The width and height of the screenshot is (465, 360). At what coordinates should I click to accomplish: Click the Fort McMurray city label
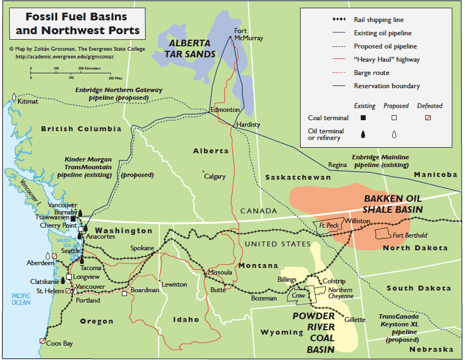coord(248,34)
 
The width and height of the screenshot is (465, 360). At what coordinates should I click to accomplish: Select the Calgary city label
coord(215,176)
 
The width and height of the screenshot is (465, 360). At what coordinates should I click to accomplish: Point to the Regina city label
coord(337,165)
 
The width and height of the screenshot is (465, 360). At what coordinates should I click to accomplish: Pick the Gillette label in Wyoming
coord(355,319)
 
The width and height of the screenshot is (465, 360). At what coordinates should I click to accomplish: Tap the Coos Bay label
coord(59,343)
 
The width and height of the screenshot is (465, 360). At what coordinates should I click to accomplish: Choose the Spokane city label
coord(142,248)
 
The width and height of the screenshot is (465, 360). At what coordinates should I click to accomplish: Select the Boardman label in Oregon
coord(145,289)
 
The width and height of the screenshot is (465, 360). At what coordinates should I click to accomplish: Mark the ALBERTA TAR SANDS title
coord(190,49)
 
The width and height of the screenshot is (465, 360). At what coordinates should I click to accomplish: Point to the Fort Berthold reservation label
coord(409,235)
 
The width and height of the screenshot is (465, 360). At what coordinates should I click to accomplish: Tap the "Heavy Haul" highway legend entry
coord(387,60)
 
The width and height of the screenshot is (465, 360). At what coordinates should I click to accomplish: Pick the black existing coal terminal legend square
coord(363,117)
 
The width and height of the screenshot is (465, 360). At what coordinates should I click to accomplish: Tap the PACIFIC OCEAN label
coord(21,299)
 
